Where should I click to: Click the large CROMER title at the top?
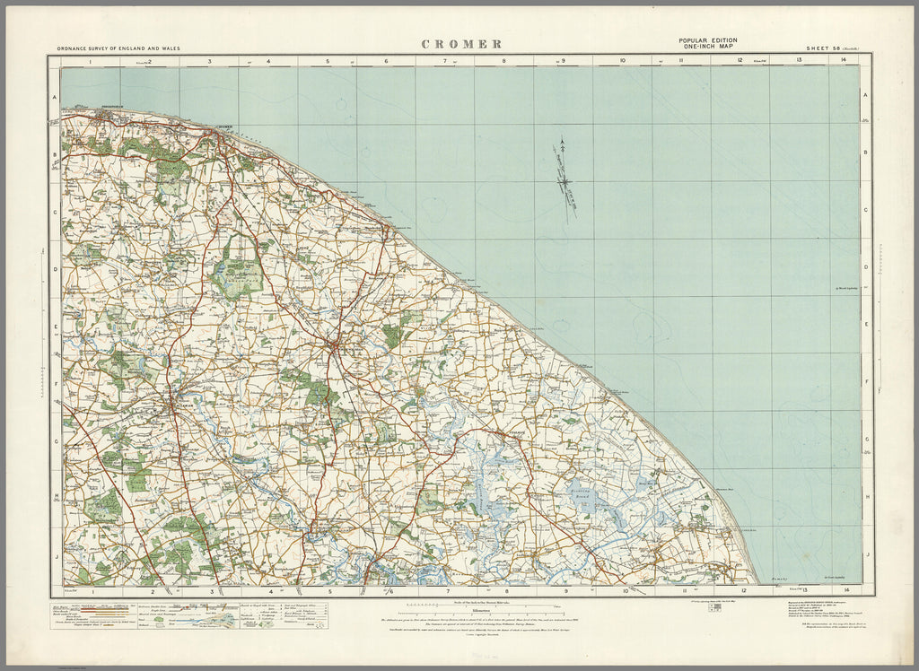[x=461, y=44]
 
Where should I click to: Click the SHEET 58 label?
[x=823, y=48]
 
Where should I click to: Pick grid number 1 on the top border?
[x=91, y=61]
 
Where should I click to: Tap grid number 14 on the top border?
[x=844, y=61]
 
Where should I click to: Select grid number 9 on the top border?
[x=564, y=61]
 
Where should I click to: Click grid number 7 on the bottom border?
[x=446, y=590]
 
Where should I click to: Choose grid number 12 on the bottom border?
[x=742, y=590]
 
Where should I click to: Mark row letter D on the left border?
[x=55, y=268]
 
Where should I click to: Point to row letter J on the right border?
[x=866, y=555]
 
